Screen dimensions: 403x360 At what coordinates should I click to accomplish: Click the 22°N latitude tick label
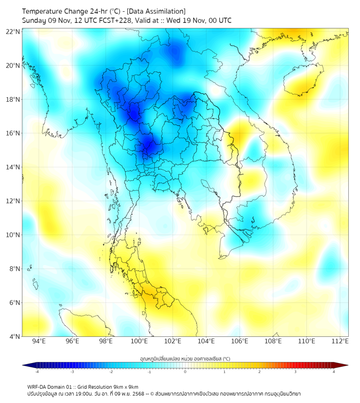point(13,31)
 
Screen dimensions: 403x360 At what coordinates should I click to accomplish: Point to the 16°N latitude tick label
point(13,133)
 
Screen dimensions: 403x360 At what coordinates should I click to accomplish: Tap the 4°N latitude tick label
point(14,336)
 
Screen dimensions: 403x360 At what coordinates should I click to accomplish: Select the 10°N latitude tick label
point(13,235)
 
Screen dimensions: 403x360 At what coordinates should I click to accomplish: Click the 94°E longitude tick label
point(39,341)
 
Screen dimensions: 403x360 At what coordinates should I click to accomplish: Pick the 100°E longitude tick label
point(139,341)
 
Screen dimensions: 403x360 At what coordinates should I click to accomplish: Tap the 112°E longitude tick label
point(340,341)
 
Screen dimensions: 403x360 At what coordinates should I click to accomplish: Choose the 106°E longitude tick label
point(240,341)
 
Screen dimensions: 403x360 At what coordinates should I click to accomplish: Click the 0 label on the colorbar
point(185,372)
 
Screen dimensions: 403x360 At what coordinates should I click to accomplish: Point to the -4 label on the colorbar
point(37,372)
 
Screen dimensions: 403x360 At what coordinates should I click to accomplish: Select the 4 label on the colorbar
point(334,372)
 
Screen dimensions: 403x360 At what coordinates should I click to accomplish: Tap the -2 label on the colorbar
point(111,372)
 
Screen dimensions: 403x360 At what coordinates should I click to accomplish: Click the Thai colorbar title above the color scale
point(185,358)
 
